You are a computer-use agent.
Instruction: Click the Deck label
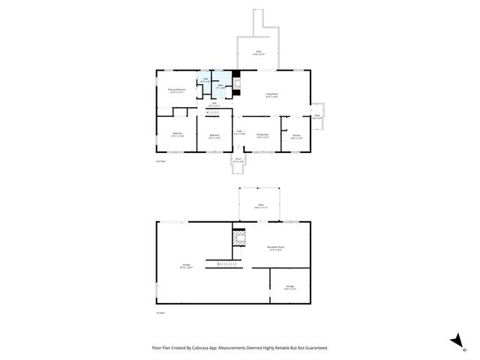pos(258,52)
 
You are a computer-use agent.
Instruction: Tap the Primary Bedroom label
pos(176,91)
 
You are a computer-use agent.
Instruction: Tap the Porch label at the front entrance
pos(238,160)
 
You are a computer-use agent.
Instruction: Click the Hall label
pos(212,105)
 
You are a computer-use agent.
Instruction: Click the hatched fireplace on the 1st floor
pos(239,238)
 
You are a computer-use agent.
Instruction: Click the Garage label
pos(186,265)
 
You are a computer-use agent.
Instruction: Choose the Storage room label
pos(290,286)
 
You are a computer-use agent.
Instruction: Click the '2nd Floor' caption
pos(160,161)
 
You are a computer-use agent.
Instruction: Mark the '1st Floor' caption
pos(160,313)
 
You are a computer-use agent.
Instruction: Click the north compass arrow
pos(455,341)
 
